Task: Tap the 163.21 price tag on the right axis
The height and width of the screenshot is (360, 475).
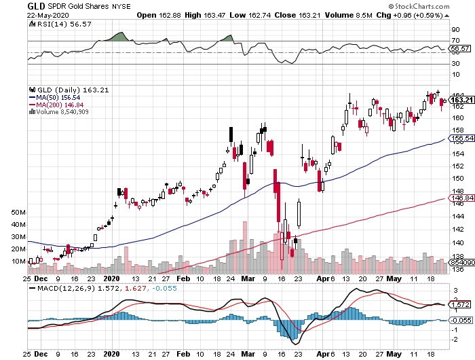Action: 461,100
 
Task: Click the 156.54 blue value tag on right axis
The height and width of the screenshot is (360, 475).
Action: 461,139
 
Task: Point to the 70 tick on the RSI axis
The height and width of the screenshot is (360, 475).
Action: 455,41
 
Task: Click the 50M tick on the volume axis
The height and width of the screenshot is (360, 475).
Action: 19,213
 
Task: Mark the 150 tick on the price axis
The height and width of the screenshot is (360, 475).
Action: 459,179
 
